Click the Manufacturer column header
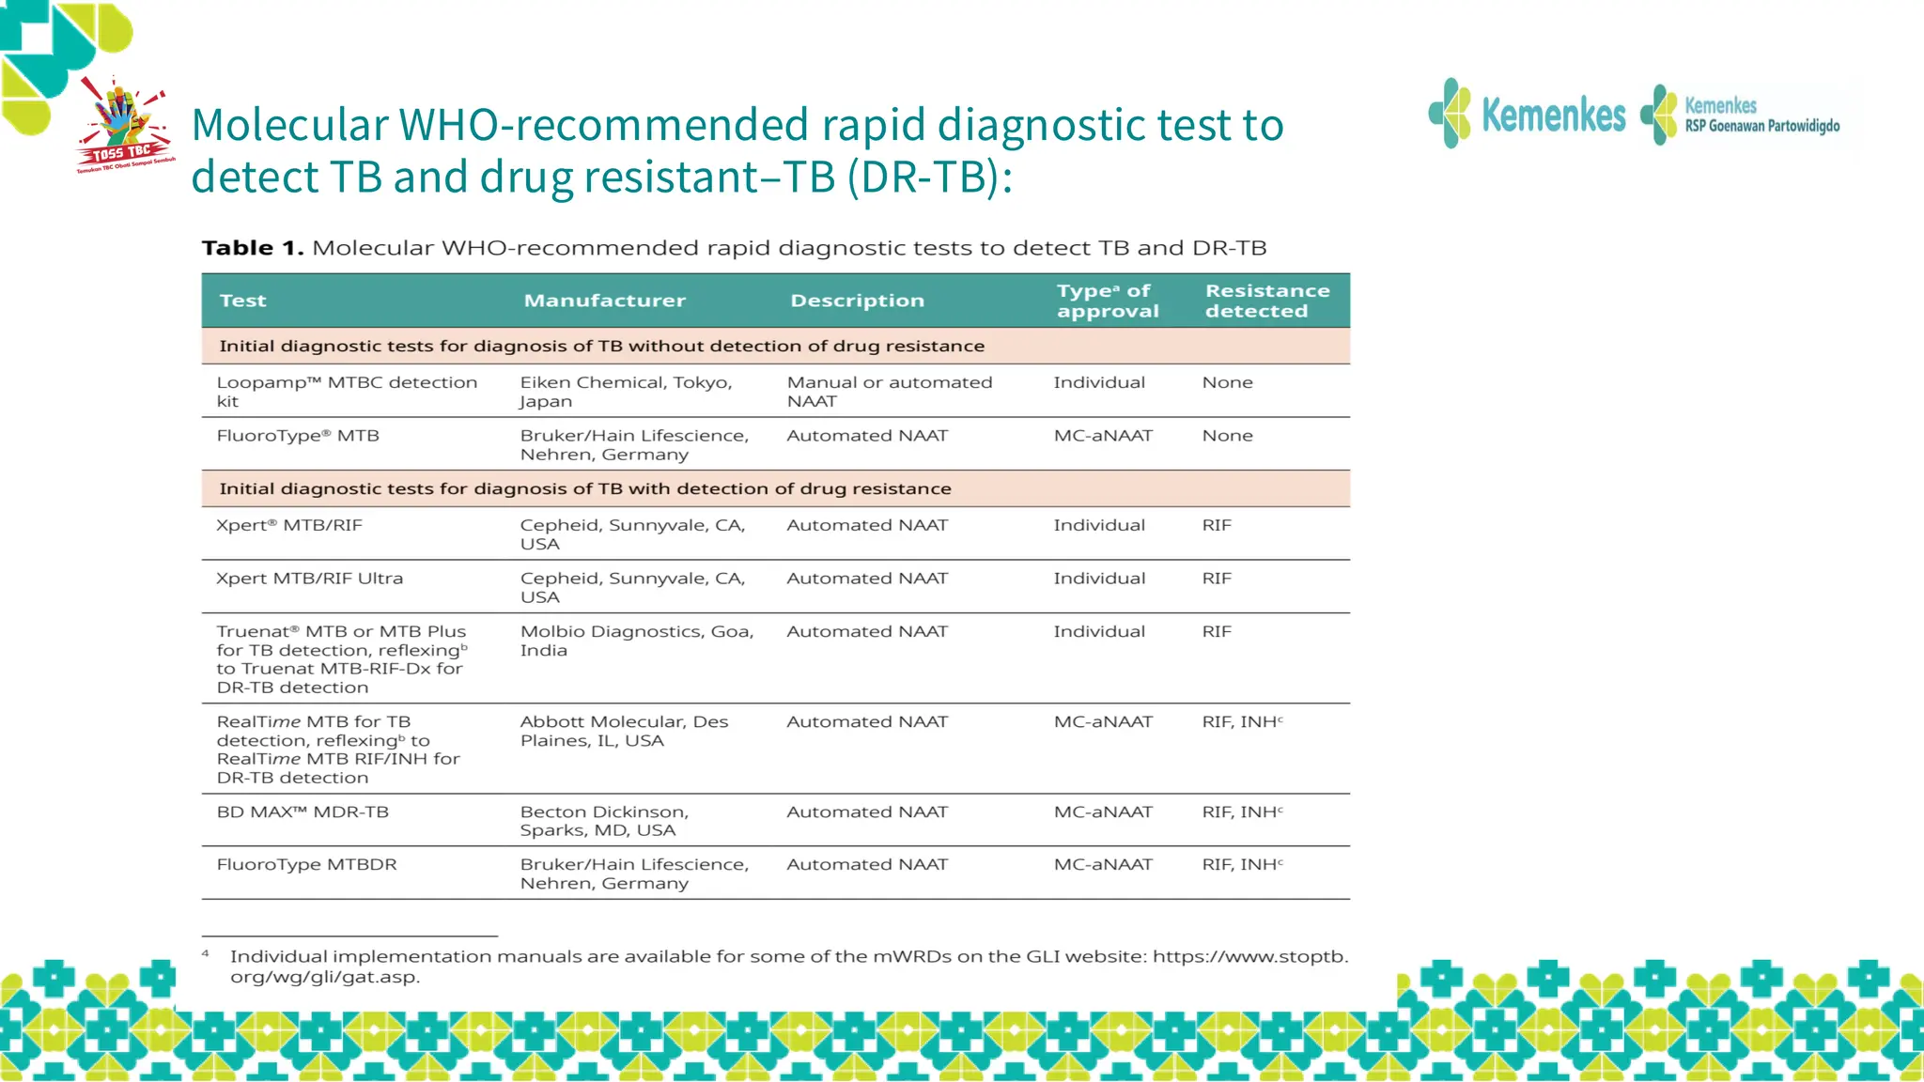point(604,301)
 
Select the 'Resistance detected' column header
point(1266,301)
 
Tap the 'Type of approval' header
point(1107,301)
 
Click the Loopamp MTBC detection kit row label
point(346,392)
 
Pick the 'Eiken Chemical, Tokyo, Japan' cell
point(626,392)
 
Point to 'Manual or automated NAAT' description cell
point(889,392)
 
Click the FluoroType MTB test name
point(298,436)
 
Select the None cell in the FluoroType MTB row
point(1227,436)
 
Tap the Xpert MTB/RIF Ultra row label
point(309,579)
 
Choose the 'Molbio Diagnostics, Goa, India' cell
point(636,641)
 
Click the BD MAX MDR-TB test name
point(303,812)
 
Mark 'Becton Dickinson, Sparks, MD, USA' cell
point(604,821)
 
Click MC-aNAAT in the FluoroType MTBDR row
point(1102,865)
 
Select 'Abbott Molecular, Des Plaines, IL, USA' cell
point(624,731)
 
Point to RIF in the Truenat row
point(1217,632)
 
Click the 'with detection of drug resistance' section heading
point(584,489)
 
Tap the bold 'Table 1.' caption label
point(252,248)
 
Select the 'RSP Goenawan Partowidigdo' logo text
point(1761,126)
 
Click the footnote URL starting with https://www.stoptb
point(1249,957)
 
